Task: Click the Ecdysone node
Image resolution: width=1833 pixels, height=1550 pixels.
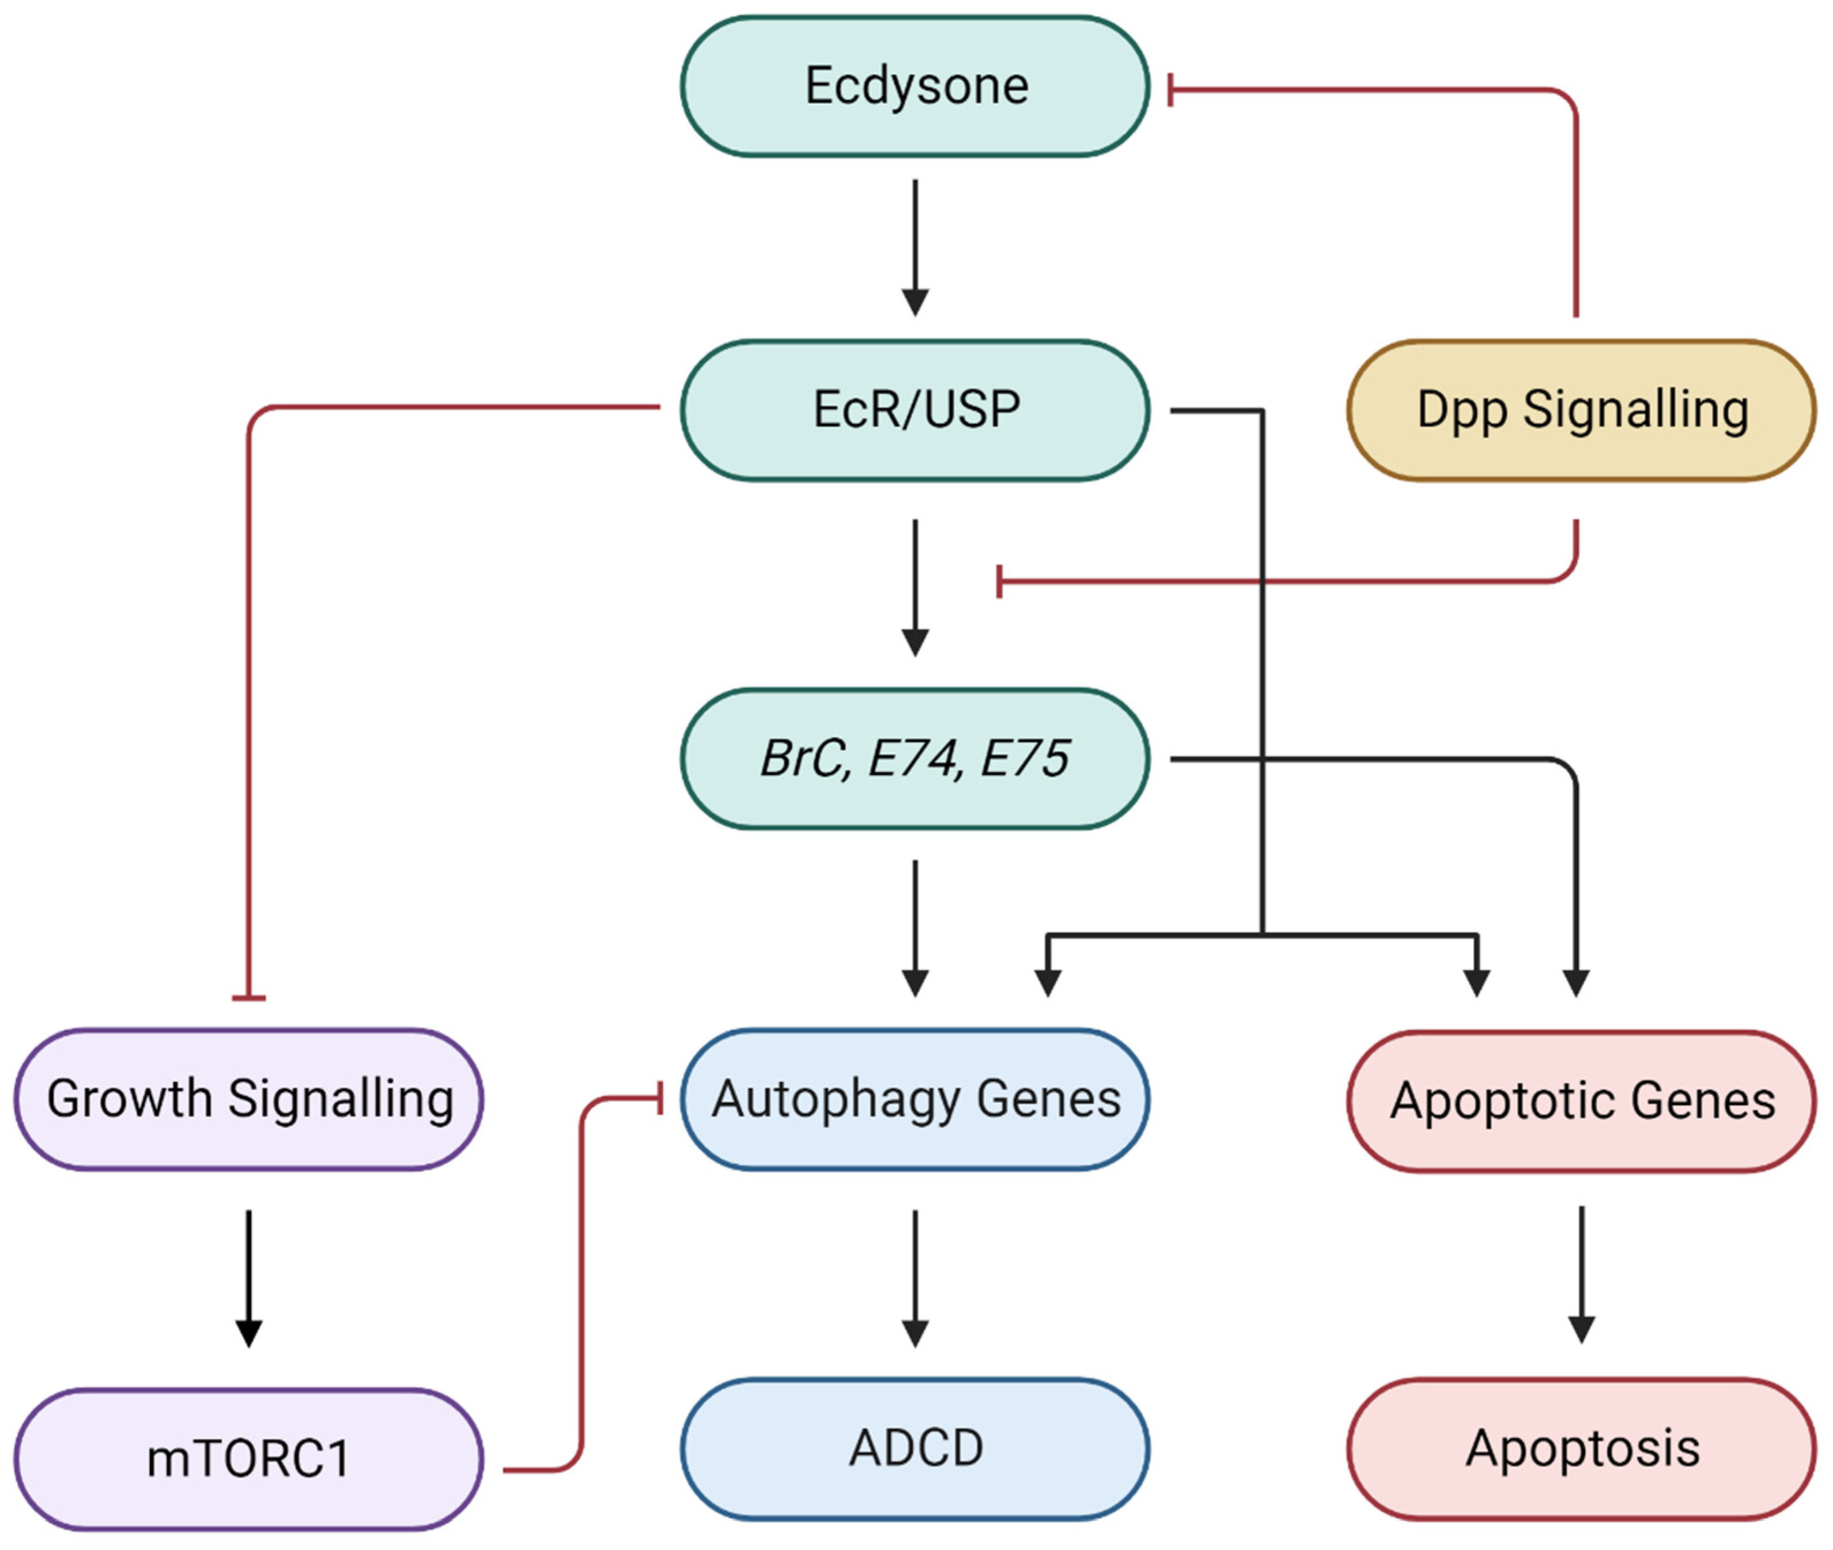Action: click(914, 86)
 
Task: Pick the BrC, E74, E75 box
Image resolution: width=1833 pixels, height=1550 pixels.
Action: click(914, 759)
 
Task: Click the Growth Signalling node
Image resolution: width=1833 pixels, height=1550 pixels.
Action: click(248, 1099)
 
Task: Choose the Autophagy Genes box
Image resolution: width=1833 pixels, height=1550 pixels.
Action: click(914, 1099)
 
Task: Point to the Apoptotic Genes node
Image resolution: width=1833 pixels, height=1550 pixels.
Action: click(1581, 1101)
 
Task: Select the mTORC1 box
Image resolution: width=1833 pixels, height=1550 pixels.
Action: click(248, 1458)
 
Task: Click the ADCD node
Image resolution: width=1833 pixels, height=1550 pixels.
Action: click(914, 1448)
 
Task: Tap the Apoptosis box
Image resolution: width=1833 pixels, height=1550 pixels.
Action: click(1581, 1448)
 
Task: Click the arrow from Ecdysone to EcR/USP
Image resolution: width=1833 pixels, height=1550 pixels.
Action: click(915, 248)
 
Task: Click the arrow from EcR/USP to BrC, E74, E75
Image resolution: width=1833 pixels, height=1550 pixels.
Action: click(915, 588)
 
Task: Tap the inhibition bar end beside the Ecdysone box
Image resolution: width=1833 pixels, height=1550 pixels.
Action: click(1171, 89)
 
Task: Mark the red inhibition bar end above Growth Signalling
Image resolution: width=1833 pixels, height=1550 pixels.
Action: click(248, 997)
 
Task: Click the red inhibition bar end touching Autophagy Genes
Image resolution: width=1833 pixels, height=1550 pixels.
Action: click(660, 1098)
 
